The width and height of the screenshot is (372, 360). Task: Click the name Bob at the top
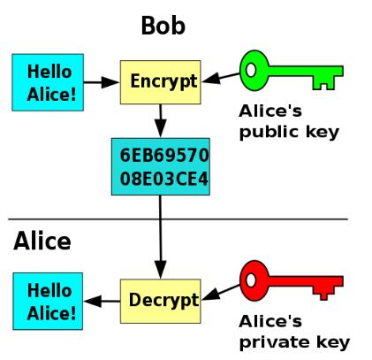pyautogui.click(x=163, y=26)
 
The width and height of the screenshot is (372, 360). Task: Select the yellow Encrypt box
pyautogui.click(x=161, y=82)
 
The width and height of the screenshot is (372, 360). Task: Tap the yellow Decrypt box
pyautogui.click(x=161, y=301)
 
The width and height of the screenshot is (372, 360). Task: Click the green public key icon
pyautogui.click(x=291, y=71)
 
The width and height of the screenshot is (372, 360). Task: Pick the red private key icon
pyautogui.click(x=291, y=280)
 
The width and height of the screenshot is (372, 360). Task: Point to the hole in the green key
pyautogui.click(x=251, y=70)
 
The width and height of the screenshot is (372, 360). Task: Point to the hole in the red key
pyautogui.click(x=251, y=280)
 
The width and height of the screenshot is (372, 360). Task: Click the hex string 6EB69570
pyautogui.click(x=164, y=156)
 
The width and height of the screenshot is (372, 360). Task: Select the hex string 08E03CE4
pyautogui.click(x=164, y=179)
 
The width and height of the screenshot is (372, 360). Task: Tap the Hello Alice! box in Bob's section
pyautogui.click(x=48, y=82)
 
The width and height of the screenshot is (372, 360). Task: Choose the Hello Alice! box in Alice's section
pyautogui.click(x=48, y=301)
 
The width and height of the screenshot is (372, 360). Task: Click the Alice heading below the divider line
pyautogui.click(x=42, y=241)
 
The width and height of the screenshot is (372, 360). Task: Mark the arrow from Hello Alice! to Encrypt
pyautogui.click(x=102, y=82)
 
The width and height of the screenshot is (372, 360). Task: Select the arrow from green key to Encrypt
pyautogui.click(x=221, y=78)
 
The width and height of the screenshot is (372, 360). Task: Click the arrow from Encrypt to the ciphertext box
pyautogui.click(x=161, y=121)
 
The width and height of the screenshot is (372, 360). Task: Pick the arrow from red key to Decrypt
pyautogui.click(x=221, y=293)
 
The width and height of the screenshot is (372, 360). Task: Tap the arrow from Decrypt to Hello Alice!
pyautogui.click(x=102, y=301)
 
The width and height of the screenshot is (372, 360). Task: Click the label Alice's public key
pyautogui.click(x=289, y=122)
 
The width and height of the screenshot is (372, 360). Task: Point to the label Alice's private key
pyautogui.click(x=294, y=333)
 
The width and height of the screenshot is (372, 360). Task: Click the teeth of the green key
pyautogui.click(x=323, y=83)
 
